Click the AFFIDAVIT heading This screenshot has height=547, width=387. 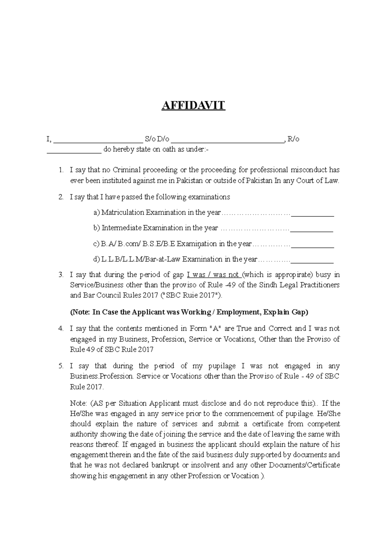tap(193, 105)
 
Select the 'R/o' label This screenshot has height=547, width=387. tap(293, 139)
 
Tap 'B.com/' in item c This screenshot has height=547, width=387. tap(129, 244)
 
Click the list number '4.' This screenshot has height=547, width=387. tap(61, 329)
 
